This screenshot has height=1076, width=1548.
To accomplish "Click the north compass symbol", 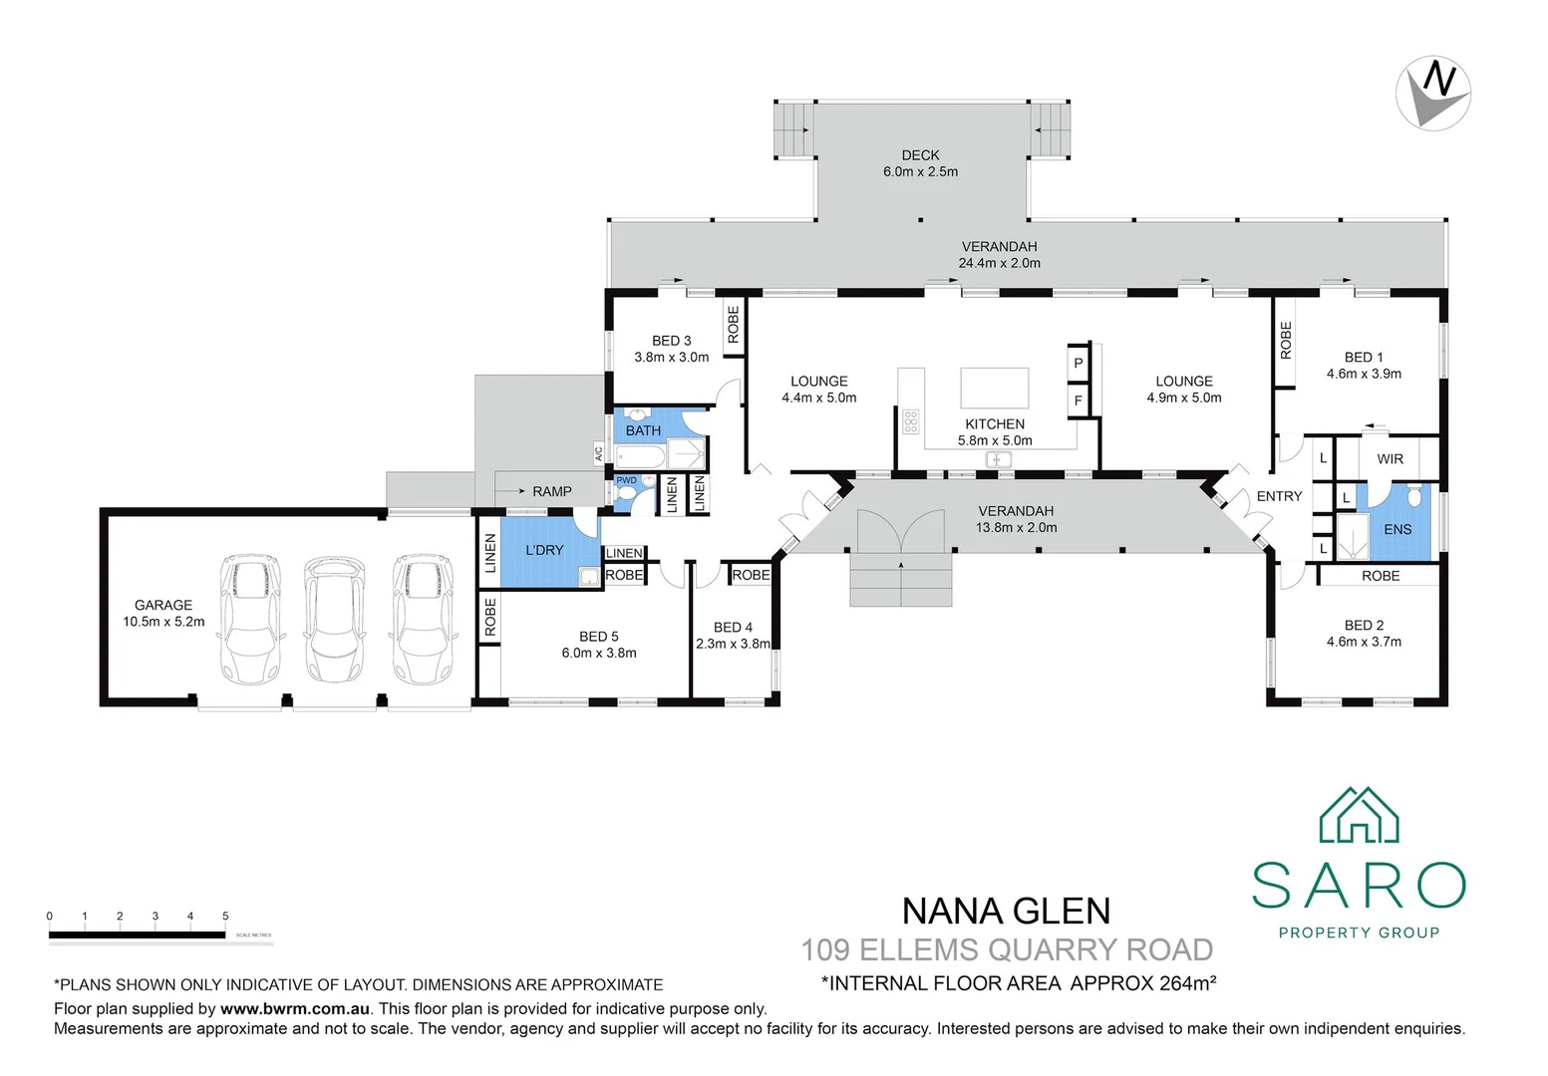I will pyautogui.click(x=1433, y=93).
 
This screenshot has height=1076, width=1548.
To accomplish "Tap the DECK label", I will pyautogui.click(x=920, y=155).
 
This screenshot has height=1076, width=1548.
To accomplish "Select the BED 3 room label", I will pyautogui.click(x=671, y=341).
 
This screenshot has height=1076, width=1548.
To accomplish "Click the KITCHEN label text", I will pyautogui.click(x=995, y=424).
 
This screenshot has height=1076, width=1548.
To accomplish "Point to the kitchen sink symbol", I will pyautogui.click(x=998, y=459).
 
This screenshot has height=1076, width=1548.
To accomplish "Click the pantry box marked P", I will pyautogui.click(x=1078, y=364).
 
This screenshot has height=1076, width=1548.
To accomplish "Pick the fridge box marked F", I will pyautogui.click(x=1078, y=402).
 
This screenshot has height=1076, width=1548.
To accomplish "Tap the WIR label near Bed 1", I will pyautogui.click(x=1390, y=459).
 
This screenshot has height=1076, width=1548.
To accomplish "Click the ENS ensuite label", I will pyautogui.click(x=1397, y=529).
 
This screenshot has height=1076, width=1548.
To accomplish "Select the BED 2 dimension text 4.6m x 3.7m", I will pyautogui.click(x=1364, y=642).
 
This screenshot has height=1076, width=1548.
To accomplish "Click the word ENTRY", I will pyautogui.click(x=1279, y=496).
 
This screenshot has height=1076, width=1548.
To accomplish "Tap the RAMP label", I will pyautogui.click(x=551, y=491).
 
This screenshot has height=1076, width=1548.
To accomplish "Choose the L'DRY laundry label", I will pyautogui.click(x=544, y=550).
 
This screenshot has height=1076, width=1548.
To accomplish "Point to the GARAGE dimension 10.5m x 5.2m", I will pyautogui.click(x=163, y=622).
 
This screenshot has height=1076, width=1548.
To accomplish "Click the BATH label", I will pyautogui.click(x=643, y=430).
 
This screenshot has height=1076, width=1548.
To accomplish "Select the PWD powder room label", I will pyautogui.click(x=626, y=480).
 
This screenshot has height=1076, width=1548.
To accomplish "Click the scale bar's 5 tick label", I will pyautogui.click(x=225, y=917).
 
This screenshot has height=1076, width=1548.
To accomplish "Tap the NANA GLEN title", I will pyautogui.click(x=1006, y=912).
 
